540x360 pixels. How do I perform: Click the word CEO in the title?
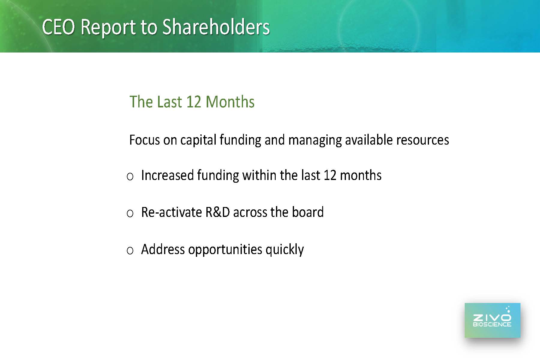click(58, 27)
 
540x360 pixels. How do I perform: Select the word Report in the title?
click(108, 28)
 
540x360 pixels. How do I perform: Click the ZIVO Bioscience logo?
click(492, 320)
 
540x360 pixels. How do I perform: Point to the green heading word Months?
click(230, 102)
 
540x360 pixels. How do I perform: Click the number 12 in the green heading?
click(194, 102)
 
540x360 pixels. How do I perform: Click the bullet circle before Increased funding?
click(130, 177)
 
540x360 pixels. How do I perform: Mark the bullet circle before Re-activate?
click(130, 214)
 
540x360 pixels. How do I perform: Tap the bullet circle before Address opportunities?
click(130, 250)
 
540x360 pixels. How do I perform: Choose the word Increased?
click(167, 175)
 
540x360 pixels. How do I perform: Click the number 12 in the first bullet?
click(330, 175)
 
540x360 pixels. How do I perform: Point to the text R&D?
click(217, 212)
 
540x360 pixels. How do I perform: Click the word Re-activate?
click(172, 212)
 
